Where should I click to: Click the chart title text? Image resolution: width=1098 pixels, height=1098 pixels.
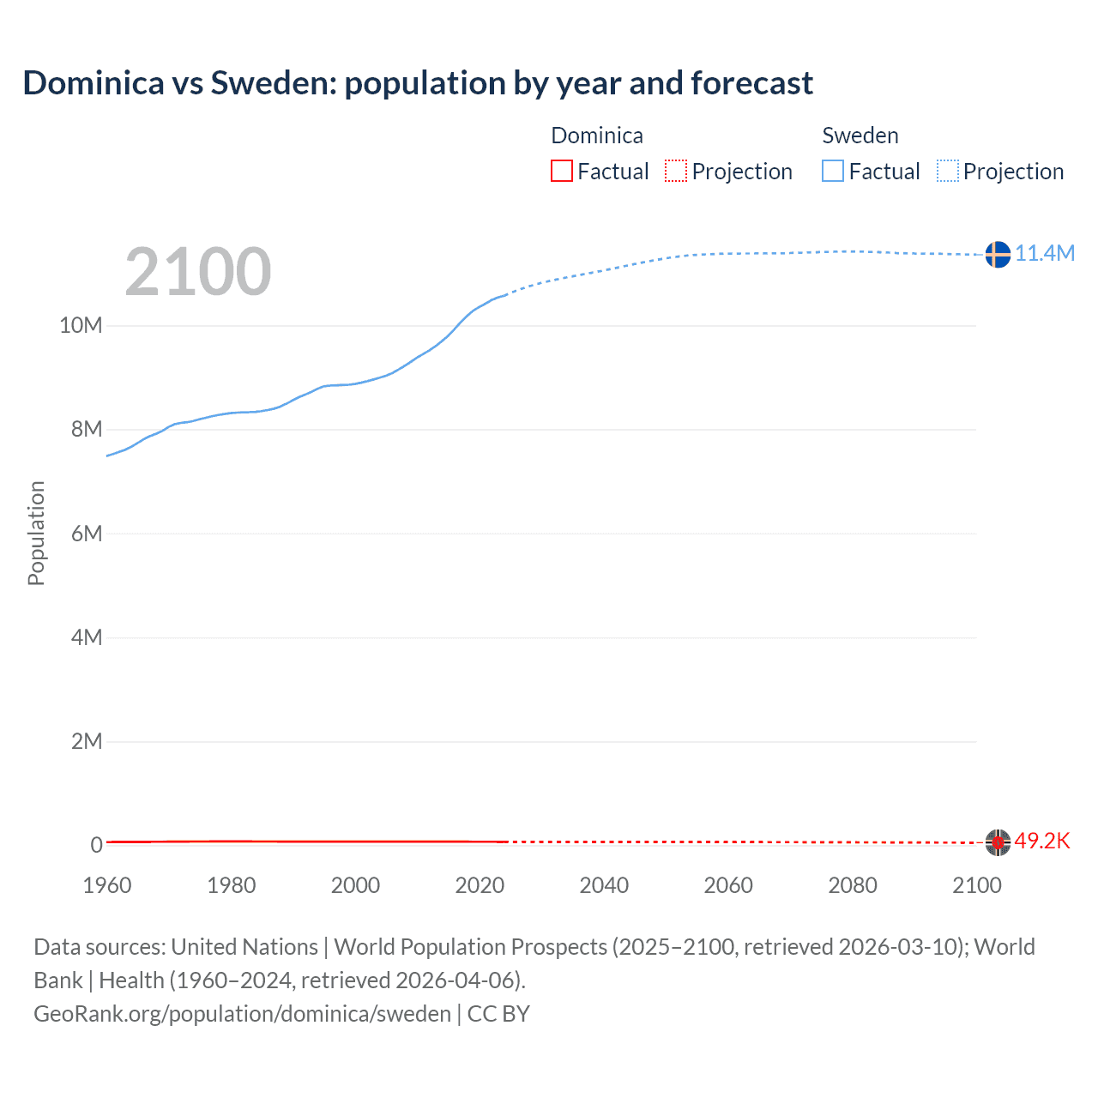(x=418, y=83)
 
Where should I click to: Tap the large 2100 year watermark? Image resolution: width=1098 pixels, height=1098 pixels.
(x=198, y=272)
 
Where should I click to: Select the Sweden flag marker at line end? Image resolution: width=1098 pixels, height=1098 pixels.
(x=998, y=255)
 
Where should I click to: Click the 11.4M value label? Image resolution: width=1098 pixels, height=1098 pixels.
(x=1044, y=253)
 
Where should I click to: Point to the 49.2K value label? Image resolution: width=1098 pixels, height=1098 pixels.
(x=1042, y=841)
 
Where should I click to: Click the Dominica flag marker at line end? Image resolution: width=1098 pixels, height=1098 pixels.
(x=998, y=842)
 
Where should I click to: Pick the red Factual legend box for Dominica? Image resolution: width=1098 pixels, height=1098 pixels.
(x=562, y=172)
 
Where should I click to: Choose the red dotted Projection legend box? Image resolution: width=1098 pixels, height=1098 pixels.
(x=676, y=172)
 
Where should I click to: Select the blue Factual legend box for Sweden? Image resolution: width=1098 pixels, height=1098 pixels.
(x=833, y=172)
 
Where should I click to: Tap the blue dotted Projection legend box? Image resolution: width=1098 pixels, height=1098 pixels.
(x=948, y=172)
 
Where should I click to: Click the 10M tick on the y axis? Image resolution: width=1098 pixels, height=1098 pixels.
(x=81, y=326)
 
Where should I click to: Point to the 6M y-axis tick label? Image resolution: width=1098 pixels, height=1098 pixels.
(x=87, y=534)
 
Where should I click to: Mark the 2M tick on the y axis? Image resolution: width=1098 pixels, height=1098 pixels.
(x=87, y=741)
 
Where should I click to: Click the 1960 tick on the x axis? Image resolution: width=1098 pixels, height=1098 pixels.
(x=107, y=885)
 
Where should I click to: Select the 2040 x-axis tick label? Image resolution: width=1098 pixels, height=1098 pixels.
(x=604, y=885)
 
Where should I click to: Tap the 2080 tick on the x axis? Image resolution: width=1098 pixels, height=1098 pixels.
(x=853, y=885)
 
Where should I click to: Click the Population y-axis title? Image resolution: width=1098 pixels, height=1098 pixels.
(x=36, y=533)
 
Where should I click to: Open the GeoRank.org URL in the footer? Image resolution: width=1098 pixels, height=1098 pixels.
(x=242, y=1014)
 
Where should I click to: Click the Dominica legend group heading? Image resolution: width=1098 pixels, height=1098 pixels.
(x=597, y=136)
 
